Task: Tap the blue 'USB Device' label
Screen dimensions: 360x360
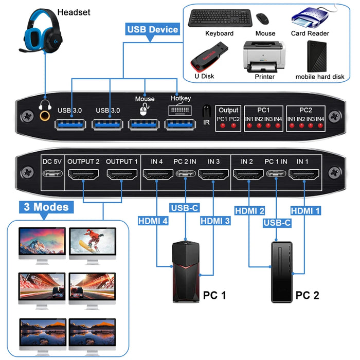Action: pyautogui.click(x=152, y=29)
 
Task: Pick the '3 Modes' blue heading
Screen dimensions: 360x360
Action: pyautogui.click(x=45, y=208)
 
